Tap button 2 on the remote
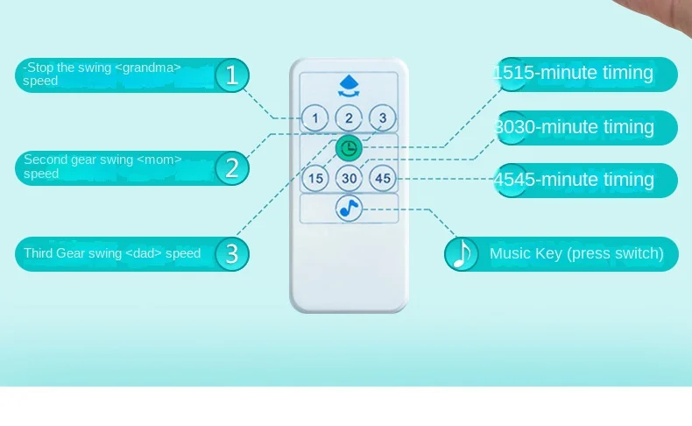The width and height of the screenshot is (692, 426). (x=349, y=117)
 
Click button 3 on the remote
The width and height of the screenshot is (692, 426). (x=382, y=117)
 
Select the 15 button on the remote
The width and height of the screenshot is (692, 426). (x=315, y=178)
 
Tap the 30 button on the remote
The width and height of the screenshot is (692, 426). (x=349, y=178)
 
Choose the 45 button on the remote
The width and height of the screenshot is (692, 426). (x=382, y=178)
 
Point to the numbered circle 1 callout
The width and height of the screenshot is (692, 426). (x=231, y=75)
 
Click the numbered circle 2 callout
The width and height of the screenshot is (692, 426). (x=231, y=167)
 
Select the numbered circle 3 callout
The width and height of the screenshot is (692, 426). (x=231, y=254)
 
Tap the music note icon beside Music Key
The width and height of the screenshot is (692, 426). (x=462, y=254)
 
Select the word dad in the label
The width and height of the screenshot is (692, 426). (x=144, y=254)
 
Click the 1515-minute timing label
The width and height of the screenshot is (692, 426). (x=575, y=73)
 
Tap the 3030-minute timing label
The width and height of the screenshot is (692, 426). (x=575, y=127)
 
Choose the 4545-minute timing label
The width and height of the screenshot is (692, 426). (x=575, y=180)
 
